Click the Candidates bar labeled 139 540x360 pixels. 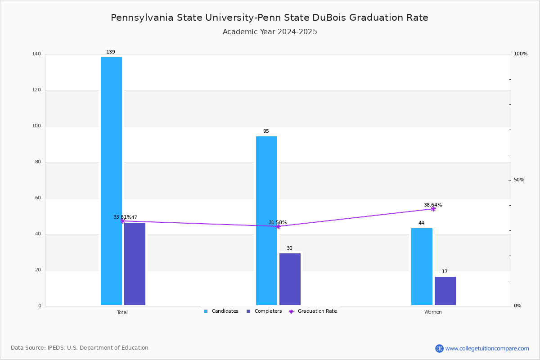click(111, 180)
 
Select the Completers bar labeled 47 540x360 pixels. click(135, 264)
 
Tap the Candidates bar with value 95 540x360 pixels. click(266, 220)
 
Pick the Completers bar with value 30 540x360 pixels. click(290, 279)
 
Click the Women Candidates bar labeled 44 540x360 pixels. click(422, 266)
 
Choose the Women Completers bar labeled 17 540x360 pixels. click(445, 291)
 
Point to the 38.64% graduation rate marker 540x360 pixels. click(433, 209)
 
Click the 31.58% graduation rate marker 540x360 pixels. click(278, 226)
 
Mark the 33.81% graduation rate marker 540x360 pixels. click(122, 221)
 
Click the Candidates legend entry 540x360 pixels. click(221, 311)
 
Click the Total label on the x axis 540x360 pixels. click(122, 312)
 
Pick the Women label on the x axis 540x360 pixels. click(433, 312)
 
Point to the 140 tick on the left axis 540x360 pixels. click(36, 54)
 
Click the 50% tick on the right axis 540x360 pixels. click(519, 180)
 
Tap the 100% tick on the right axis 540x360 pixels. click(521, 54)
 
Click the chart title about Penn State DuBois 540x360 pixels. click(270, 18)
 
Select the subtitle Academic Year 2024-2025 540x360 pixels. click(270, 32)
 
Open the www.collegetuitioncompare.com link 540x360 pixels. click(487, 348)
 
